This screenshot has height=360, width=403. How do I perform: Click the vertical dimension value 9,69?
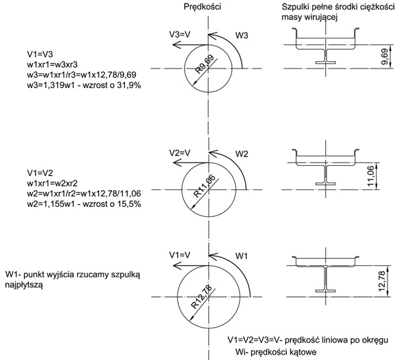tap(384, 57)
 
